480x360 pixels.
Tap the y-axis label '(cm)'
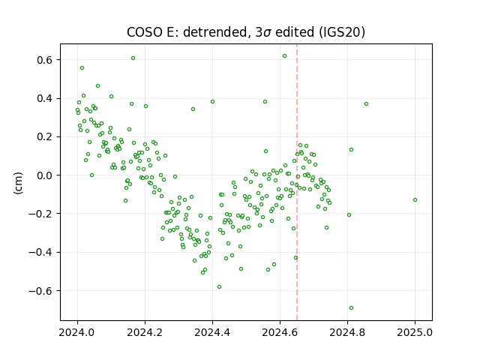pos(18,183)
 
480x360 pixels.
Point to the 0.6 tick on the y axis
pos(45,60)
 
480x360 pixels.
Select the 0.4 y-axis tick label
pos(45,98)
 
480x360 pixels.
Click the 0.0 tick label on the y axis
pos(45,175)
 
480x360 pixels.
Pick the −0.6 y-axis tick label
pos(40,291)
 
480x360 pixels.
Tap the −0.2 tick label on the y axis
pos(40,214)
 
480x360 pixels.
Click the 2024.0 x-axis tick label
pos(77,332)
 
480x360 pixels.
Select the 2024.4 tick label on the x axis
pos(212,332)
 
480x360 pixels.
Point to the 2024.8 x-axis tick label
pos(347,332)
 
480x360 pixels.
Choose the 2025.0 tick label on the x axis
pos(415,332)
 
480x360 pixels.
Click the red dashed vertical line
pos(297,182)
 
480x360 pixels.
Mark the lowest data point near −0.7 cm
pos(351,308)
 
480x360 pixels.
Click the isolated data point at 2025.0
pos(415,200)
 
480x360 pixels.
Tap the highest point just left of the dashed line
pos(284,56)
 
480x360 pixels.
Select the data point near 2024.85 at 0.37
pos(366,104)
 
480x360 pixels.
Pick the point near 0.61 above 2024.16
pos(133,58)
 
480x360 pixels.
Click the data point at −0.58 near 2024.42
pos(219,286)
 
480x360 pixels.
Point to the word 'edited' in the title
pos(295,32)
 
